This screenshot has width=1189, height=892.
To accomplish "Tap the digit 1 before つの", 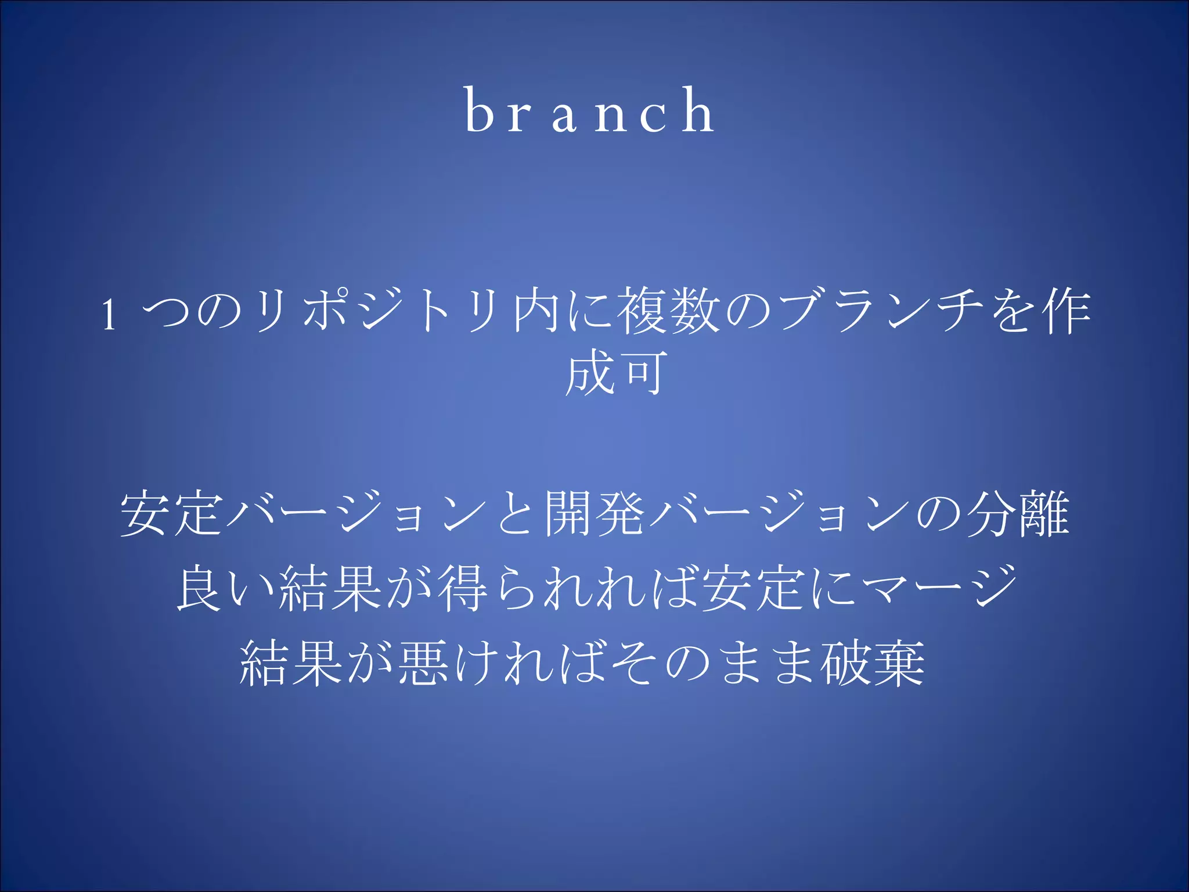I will (109, 314).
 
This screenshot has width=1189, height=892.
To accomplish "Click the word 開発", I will (594, 513).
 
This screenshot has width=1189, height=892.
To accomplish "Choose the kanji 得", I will (463, 588).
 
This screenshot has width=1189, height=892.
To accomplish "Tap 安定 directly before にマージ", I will (752, 588).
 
